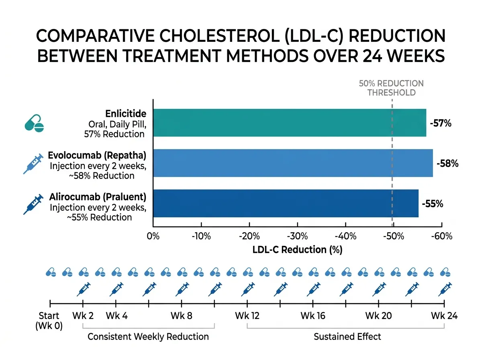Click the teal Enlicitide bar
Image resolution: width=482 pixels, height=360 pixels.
[x=289, y=123]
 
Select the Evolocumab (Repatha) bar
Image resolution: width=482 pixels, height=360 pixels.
[x=293, y=163]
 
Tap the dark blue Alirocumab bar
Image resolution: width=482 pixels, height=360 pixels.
[x=286, y=203]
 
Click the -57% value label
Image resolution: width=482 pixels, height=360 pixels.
[x=441, y=124]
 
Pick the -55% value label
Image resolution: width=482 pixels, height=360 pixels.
[x=433, y=204]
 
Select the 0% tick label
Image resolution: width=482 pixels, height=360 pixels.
[x=153, y=236]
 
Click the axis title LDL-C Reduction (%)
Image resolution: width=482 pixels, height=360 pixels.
[x=297, y=250]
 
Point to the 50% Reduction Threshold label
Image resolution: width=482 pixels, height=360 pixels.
[x=391, y=88]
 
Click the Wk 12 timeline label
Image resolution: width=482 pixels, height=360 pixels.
[x=247, y=316]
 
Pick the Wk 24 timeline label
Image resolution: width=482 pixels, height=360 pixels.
[x=444, y=316]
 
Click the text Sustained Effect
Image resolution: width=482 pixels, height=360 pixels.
[x=347, y=336]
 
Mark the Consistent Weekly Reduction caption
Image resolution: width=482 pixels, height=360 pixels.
[x=148, y=336]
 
